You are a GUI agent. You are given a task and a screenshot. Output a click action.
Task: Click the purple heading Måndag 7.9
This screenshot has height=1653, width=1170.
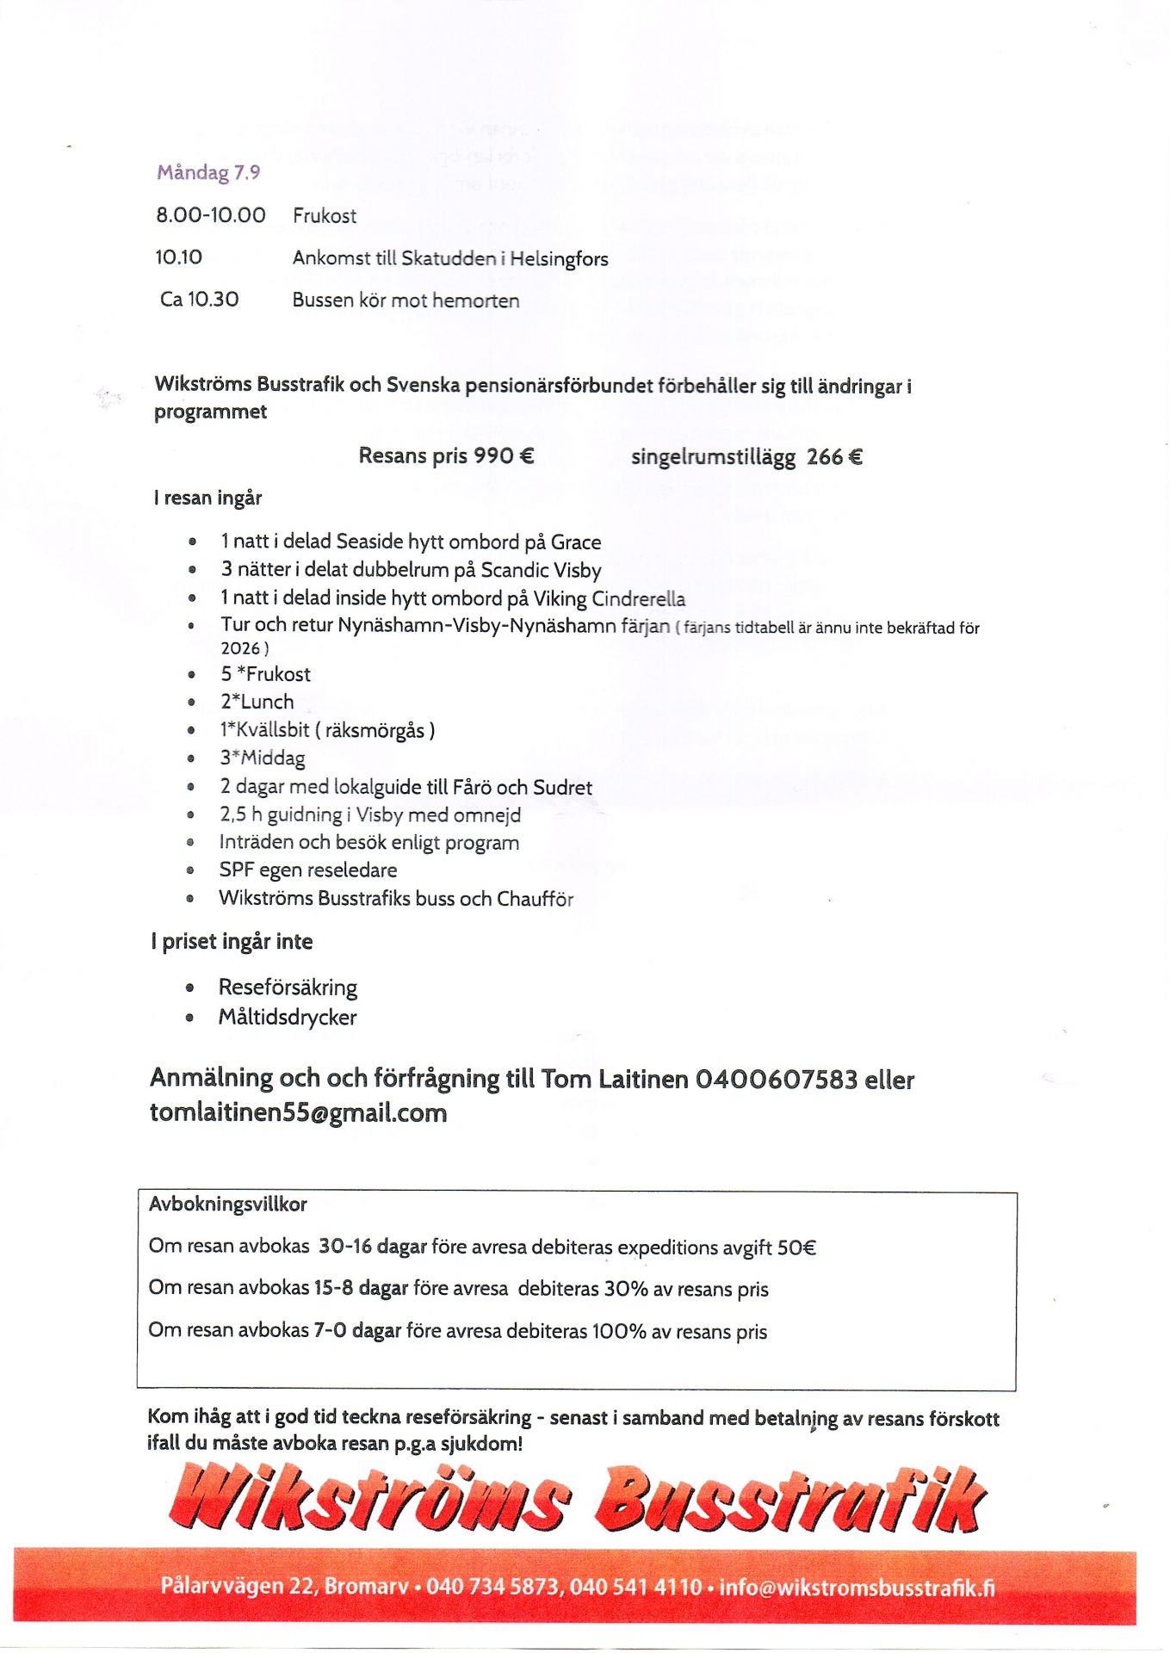tap(208, 172)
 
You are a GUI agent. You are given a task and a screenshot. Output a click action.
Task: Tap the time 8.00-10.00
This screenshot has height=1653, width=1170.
tap(211, 215)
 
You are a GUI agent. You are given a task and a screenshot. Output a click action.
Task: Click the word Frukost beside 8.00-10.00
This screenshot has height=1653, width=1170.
tap(325, 216)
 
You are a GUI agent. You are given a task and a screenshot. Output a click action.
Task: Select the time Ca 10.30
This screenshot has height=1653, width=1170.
tap(200, 300)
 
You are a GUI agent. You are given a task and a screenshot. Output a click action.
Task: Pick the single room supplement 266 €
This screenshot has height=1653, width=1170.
tap(834, 457)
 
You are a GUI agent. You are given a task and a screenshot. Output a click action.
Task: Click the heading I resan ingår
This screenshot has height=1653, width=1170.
tap(207, 498)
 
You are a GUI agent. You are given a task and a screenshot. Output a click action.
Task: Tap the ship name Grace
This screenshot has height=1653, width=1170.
tap(576, 542)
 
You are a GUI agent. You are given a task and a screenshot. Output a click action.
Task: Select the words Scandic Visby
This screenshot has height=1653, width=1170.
tap(541, 570)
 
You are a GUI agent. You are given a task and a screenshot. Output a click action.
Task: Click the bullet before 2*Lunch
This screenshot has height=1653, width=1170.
tap(191, 703)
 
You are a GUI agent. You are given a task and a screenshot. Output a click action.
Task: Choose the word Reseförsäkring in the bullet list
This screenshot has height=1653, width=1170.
tap(288, 987)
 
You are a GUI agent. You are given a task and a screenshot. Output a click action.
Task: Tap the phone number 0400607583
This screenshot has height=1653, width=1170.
tap(776, 1079)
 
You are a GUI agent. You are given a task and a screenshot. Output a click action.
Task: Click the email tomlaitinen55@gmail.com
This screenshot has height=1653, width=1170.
tap(298, 1112)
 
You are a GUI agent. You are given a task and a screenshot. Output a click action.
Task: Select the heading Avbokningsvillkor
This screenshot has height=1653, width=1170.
tap(227, 1204)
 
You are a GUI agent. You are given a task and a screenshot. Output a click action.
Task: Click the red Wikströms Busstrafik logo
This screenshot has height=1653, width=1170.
tap(577, 1500)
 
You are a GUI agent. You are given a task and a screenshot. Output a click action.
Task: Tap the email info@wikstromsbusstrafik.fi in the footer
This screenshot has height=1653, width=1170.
tap(857, 1587)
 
